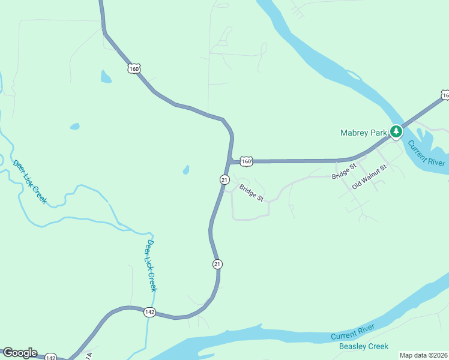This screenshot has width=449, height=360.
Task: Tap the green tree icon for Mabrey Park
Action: coord(396,131)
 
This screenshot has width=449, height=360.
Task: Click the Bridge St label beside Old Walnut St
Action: coord(344,171)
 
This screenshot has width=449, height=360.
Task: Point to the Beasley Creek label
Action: coord(364,346)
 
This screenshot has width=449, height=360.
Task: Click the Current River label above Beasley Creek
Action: coord(353,332)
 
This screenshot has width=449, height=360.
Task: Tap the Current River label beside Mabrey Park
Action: coord(427,154)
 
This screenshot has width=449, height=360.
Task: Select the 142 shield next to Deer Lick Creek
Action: coord(150,312)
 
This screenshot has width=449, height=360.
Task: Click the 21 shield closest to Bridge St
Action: coord(224,179)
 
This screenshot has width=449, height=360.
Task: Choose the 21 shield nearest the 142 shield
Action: coord(217,263)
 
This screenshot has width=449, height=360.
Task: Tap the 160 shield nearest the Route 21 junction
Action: coord(247,161)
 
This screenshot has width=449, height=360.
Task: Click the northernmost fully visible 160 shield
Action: coord(134,69)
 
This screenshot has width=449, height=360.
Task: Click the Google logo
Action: coord(19,353)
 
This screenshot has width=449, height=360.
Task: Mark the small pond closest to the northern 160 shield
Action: coord(106,77)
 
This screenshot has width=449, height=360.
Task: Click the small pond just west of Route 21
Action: coord(186,170)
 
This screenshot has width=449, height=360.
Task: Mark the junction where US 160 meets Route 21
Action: coord(230,161)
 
